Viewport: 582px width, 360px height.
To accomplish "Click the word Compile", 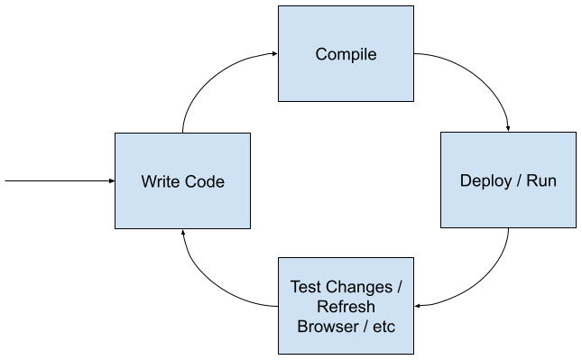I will [346, 55].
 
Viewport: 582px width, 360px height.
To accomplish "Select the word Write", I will [160, 181].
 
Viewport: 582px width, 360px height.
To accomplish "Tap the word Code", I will [204, 181].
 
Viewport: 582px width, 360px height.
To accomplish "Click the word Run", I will [541, 180].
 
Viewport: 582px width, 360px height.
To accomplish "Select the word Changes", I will [356, 288].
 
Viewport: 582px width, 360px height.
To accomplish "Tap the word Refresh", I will [346, 307].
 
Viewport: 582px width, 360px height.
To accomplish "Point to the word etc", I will [383, 326].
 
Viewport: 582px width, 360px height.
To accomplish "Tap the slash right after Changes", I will [399, 288].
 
